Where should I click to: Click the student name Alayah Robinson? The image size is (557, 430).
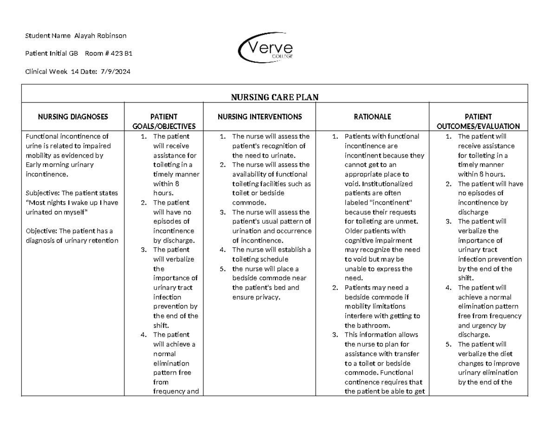click(x=104, y=36)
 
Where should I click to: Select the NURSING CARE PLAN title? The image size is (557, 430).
click(x=274, y=96)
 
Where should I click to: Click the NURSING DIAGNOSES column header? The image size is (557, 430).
click(x=73, y=117)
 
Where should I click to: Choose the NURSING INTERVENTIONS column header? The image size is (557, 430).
click(x=259, y=117)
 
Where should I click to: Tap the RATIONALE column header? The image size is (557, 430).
click(x=372, y=117)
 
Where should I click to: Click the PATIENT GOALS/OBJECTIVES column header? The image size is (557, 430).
click(x=164, y=122)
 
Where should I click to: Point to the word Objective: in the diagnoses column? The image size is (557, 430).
click(x=42, y=231)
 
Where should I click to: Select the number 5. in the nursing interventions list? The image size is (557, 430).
click(x=223, y=269)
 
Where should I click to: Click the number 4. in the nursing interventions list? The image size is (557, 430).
click(x=223, y=250)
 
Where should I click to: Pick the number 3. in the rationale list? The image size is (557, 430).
click(x=335, y=334)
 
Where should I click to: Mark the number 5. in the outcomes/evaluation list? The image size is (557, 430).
click(x=448, y=344)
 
